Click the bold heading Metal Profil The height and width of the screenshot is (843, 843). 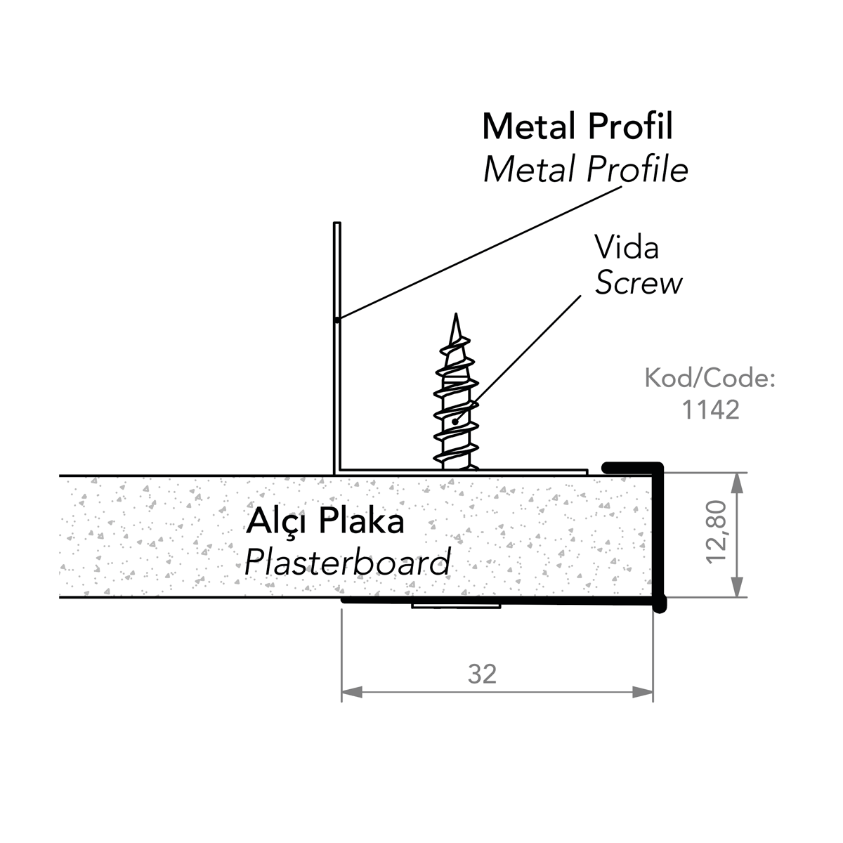coord(577,127)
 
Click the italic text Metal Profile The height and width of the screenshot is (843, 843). coord(586,170)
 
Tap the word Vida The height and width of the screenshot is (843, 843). coord(627,248)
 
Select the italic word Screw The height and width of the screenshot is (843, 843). coord(639,283)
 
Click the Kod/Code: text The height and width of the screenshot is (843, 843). coord(710,379)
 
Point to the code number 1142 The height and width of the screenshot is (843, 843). coord(711,410)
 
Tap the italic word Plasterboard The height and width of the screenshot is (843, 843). coord(347,562)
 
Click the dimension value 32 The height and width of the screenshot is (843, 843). coord(483,674)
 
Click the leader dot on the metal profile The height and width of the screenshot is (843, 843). coord(336,320)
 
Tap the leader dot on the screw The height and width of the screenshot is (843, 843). coord(455,421)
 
